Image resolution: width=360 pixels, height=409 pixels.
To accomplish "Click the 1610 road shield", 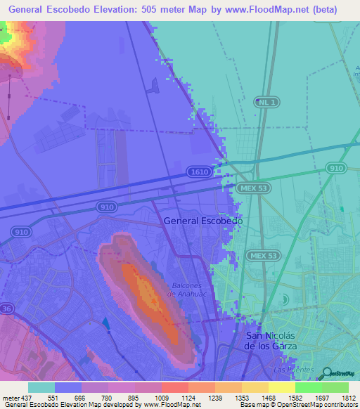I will click(x=198, y=172).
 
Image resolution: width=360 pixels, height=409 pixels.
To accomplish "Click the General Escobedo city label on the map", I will click(x=203, y=221).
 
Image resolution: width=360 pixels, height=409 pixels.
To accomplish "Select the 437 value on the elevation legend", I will click(x=22, y=398).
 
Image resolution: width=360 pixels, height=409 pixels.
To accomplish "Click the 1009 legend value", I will click(x=176, y=398).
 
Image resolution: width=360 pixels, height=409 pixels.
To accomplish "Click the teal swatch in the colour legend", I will click(x=41, y=387).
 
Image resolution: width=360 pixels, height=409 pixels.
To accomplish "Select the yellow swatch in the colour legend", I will click(x=281, y=387).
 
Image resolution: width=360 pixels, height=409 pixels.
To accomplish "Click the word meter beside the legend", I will click(x=9, y=398).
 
